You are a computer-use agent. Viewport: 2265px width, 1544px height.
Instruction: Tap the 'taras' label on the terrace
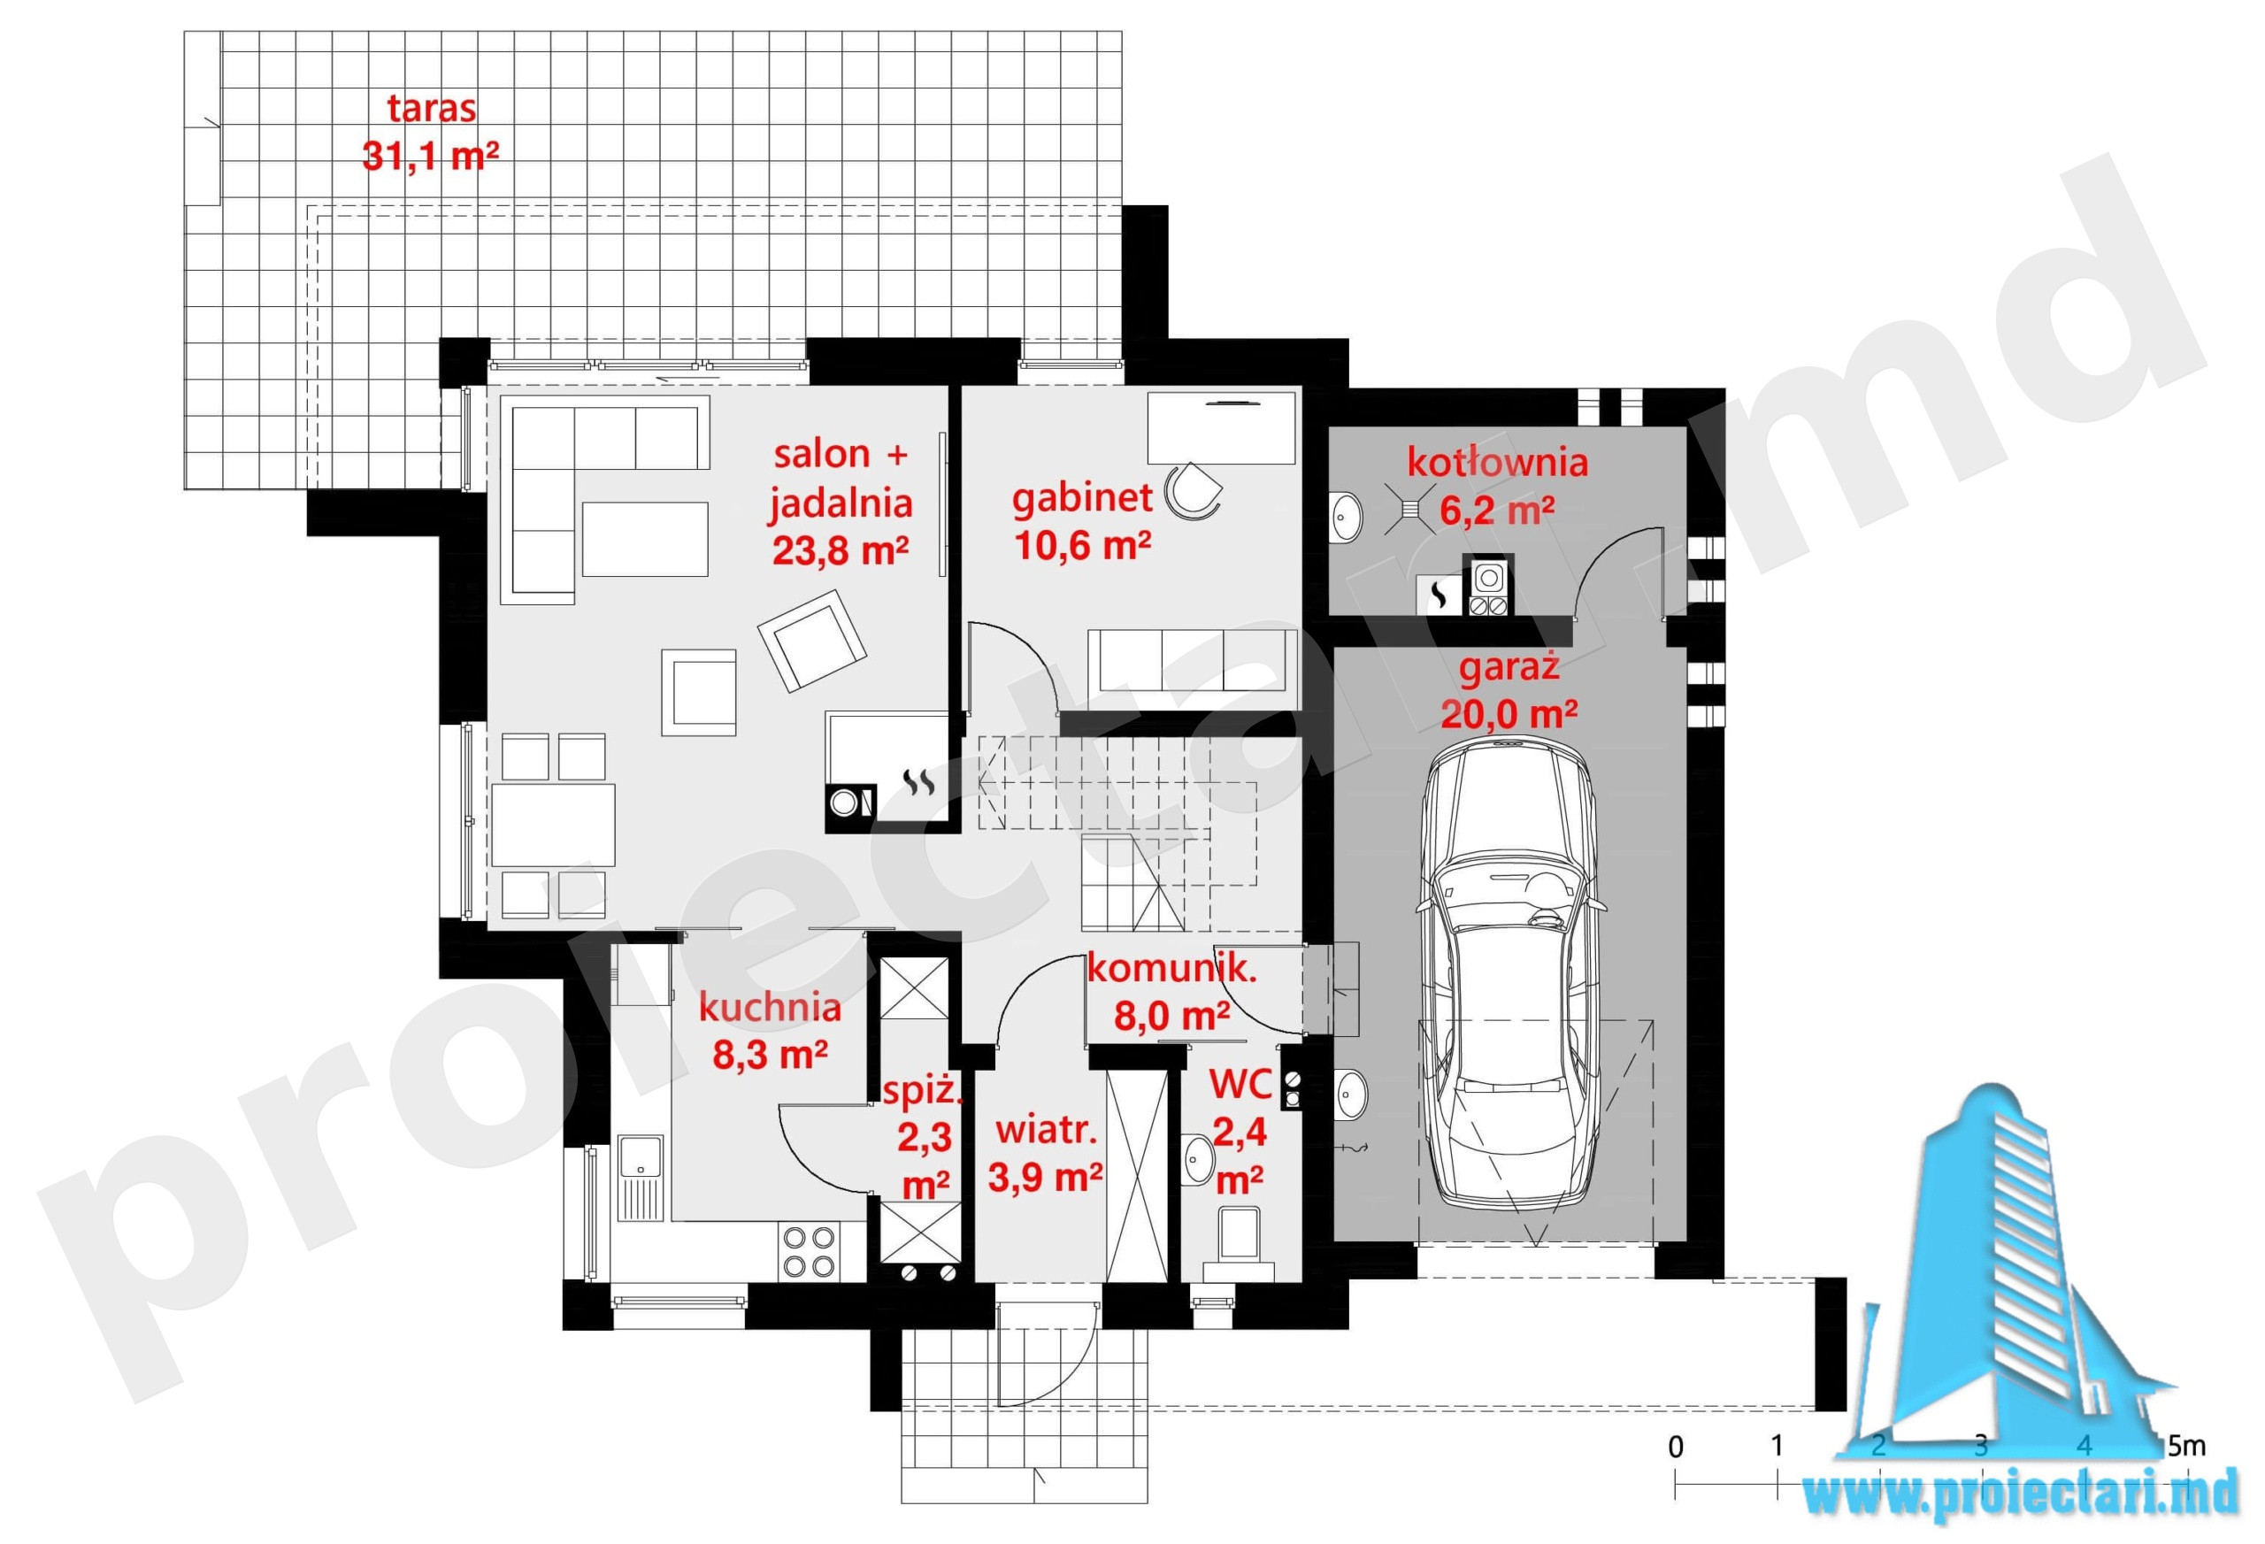432,107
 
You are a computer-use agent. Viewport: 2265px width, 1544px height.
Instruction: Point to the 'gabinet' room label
1082,499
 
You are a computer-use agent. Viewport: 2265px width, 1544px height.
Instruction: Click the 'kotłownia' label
1497,461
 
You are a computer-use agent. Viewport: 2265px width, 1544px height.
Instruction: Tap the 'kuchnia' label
770,1007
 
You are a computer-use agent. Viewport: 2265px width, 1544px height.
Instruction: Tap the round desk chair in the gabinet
1192,489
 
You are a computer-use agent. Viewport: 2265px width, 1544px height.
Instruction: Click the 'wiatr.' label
1046,1130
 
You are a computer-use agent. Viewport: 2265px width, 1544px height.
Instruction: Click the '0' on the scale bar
1676,1447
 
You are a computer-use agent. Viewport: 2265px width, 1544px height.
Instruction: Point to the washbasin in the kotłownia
1346,514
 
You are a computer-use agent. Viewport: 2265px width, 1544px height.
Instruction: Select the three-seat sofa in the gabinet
1193,671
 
